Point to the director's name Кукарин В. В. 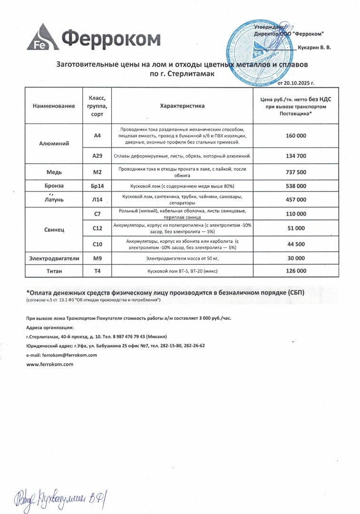pyautogui.click(x=314, y=48)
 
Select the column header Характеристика pyautogui.click(x=182, y=106)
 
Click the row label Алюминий pyautogui.click(x=54, y=143)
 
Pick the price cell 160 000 pyautogui.click(x=296, y=136)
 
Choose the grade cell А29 pyautogui.click(x=97, y=156)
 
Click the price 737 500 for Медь pyautogui.click(x=296, y=172)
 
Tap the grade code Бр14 pyautogui.click(x=97, y=186)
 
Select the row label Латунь pyautogui.click(x=54, y=199)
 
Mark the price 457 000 pyautogui.click(x=296, y=199)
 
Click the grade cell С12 pyautogui.click(x=97, y=228)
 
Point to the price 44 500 pyautogui.click(x=296, y=244)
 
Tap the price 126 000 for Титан pyautogui.click(x=296, y=271)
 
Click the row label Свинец pyautogui.click(x=54, y=229)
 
